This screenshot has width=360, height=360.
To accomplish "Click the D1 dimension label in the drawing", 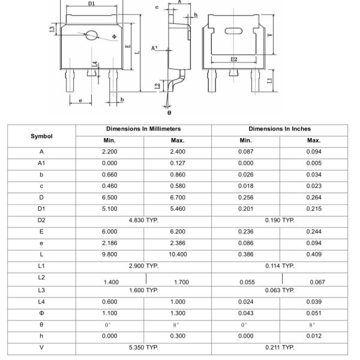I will click(x=91, y=4).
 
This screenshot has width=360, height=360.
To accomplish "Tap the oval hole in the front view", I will click(x=92, y=35).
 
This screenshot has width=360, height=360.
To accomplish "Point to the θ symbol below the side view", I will click(x=169, y=112).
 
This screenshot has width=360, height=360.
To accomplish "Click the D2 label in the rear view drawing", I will click(x=233, y=59).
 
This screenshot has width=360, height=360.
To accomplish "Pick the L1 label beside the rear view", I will click(x=270, y=80).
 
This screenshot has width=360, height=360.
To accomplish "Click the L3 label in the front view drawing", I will click(x=53, y=29).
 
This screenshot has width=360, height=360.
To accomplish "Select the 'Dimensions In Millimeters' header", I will click(x=143, y=129).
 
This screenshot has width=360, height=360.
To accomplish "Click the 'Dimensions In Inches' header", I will click(x=280, y=129).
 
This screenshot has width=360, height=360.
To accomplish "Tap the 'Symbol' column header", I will click(x=41, y=136).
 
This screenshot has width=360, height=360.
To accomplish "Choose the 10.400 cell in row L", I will click(x=178, y=254).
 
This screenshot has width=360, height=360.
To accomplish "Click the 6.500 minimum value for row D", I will click(x=109, y=197).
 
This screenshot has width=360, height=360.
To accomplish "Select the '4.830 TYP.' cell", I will click(x=143, y=220).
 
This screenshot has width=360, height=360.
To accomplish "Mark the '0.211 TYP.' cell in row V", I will click(x=280, y=347).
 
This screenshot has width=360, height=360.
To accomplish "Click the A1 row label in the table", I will click(x=41, y=163).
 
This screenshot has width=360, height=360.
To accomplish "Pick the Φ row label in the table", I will click(x=41, y=313).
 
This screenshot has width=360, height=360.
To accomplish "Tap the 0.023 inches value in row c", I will click(x=314, y=185).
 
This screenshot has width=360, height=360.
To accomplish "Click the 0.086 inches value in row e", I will click(x=245, y=242).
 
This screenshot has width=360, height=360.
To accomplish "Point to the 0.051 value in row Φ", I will click(x=314, y=313).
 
